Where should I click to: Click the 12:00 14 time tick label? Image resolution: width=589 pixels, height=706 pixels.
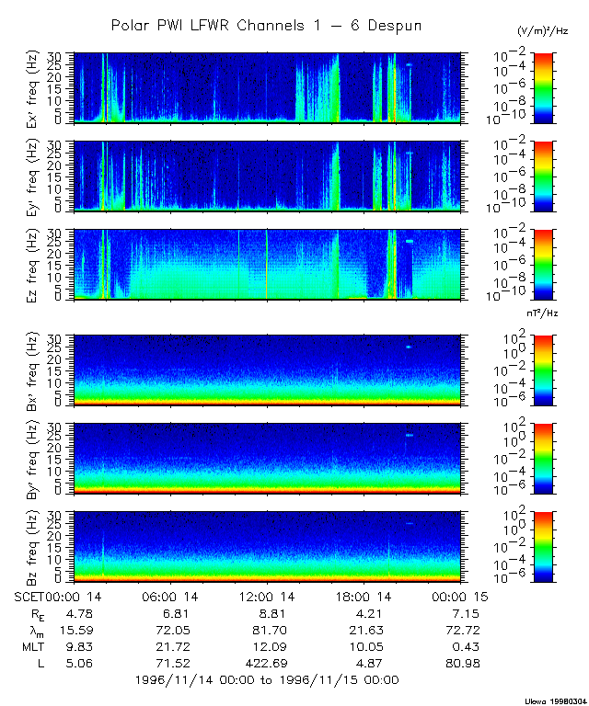click(267, 598)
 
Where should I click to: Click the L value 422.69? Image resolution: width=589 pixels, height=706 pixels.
click(265, 664)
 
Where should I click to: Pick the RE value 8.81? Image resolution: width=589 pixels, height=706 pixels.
click(265, 614)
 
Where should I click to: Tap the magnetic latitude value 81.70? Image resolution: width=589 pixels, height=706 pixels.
click(265, 631)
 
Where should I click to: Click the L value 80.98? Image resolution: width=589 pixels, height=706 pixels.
click(463, 664)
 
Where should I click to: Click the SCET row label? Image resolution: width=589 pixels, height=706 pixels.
click(30, 598)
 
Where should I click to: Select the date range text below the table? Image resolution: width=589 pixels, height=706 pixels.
click(266, 680)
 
